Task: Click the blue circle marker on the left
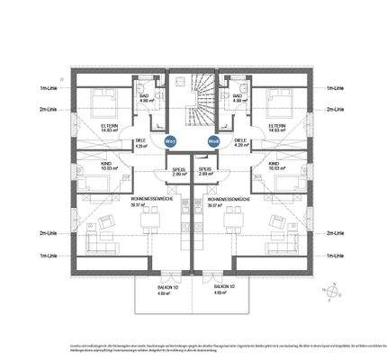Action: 171,140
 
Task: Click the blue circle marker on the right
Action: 214,140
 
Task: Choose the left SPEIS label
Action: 179,170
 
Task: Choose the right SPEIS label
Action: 205,170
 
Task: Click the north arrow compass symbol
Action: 334,290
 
